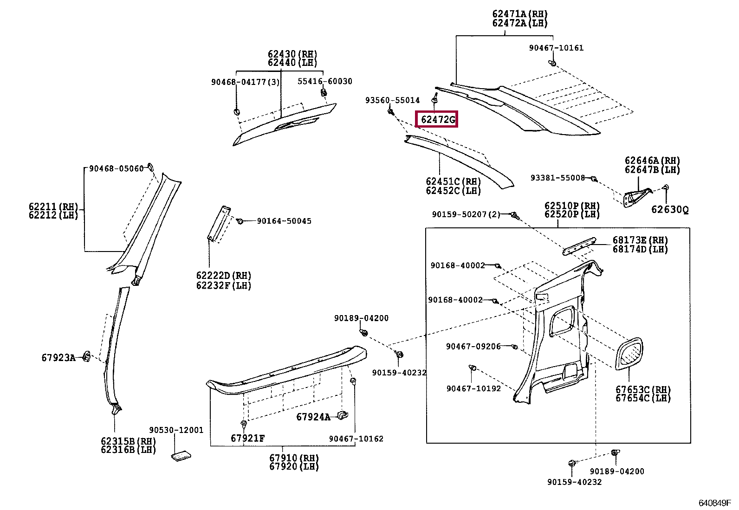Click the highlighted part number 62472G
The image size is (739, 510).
(x=437, y=120)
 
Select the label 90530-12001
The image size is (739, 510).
(x=176, y=430)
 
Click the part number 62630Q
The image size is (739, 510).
(x=669, y=210)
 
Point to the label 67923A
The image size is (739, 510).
(x=58, y=358)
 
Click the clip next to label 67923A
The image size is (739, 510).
(x=86, y=356)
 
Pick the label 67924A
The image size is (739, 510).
(x=313, y=417)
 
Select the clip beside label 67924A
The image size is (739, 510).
(x=343, y=415)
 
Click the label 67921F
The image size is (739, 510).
(x=247, y=439)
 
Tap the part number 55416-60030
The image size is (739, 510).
(x=324, y=82)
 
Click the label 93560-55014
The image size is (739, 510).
(x=392, y=100)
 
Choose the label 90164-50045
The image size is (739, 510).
(x=284, y=221)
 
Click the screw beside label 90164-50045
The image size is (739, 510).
(x=240, y=221)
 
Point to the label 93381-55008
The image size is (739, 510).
(x=557, y=178)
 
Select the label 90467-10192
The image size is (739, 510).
(x=473, y=389)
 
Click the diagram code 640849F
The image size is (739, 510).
(x=714, y=503)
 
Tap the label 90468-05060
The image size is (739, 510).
(x=117, y=169)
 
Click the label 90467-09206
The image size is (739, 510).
(x=473, y=347)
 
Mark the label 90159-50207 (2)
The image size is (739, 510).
(x=466, y=214)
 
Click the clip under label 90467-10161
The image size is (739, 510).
(x=552, y=63)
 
